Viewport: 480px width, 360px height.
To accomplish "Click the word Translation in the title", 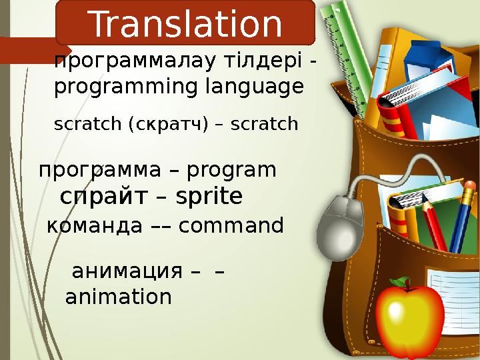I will coord(185,25).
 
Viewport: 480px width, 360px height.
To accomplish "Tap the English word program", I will coord(231,171).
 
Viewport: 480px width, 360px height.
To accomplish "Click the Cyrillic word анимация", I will coord(126,271).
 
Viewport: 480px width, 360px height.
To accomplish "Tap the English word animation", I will coord(118,297).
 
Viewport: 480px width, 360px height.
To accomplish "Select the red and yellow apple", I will coord(409,321).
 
